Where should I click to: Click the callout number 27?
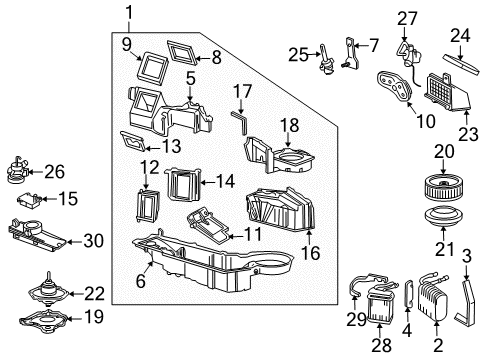tap(407, 19)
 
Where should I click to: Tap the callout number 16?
tap(310, 253)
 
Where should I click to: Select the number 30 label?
tap(94, 241)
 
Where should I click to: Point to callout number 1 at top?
tap(129, 14)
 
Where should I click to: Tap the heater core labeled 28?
tap(379, 305)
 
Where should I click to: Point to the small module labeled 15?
tap(29, 201)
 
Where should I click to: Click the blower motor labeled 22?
tap(49, 291)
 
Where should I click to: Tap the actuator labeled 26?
tap(18, 170)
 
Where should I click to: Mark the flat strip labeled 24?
tap(461, 64)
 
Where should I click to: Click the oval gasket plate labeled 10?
tap(395, 85)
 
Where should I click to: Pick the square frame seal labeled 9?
tap(152, 68)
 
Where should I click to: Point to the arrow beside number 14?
tap(207, 182)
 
